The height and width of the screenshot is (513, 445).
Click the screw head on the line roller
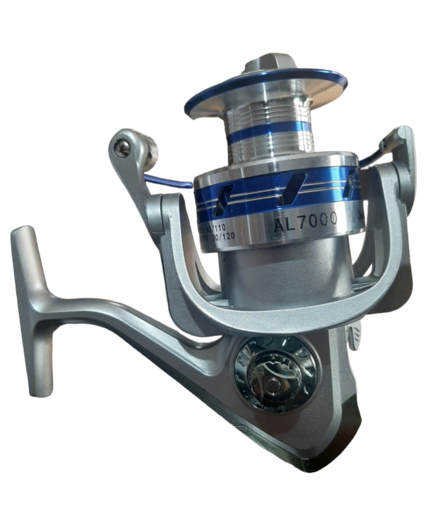click(123, 149)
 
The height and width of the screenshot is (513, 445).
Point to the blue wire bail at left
click(166, 181)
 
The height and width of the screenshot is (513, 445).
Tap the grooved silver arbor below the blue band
click(271, 147)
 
